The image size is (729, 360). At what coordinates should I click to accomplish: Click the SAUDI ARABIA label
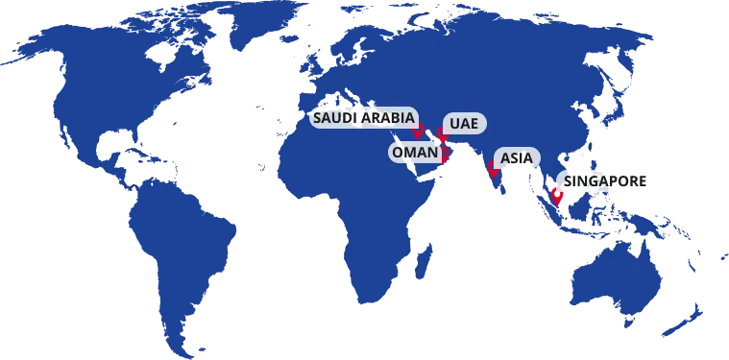click(364, 117)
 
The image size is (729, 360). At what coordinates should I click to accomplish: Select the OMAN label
click(413, 152)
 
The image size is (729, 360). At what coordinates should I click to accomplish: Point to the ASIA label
click(517, 158)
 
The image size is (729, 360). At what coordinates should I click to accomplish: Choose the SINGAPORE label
click(605, 180)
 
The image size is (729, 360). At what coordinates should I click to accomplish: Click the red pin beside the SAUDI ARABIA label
click(418, 130)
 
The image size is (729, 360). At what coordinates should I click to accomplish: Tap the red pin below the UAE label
click(443, 137)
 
